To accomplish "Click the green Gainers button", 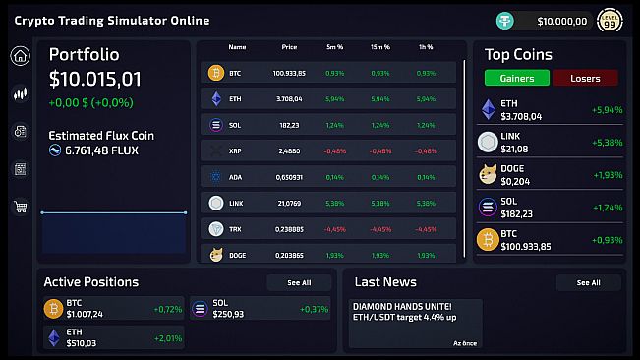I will [516, 78].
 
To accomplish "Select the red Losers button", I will [585, 78].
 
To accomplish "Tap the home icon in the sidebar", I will [20, 56].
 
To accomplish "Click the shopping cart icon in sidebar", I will [20, 207].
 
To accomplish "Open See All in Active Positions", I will [299, 282].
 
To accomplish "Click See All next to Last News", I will [588, 282].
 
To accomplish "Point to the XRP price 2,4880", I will [289, 151].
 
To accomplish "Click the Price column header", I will [289, 47].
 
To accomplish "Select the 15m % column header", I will [379, 47].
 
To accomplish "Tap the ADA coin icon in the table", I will [216, 178].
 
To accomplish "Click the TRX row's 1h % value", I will [426, 229].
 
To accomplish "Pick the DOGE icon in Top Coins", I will [488, 174].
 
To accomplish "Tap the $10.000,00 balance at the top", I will [562, 21].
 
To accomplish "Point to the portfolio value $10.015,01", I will [95, 79].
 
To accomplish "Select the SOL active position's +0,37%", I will [315, 309].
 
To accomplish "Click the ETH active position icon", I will [53, 337].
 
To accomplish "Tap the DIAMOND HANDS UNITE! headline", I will [402, 306].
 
